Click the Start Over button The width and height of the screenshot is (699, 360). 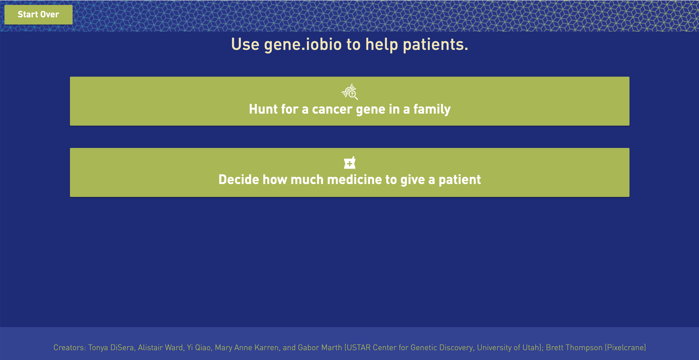tap(38, 15)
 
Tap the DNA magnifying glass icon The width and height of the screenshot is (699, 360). tap(349, 92)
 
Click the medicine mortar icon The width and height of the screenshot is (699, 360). tap(349, 162)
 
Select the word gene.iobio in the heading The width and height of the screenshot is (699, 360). tap(303, 45)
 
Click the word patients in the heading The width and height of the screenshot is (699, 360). tap(435, 45)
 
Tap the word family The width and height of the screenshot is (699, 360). tap(432, 110)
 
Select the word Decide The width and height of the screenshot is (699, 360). tap(239, 180)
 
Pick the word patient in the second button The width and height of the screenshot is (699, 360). tap(460, 180)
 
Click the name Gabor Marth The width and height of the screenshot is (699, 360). tap(320, 348)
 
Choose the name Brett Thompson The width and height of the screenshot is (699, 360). tap(574, 348)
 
